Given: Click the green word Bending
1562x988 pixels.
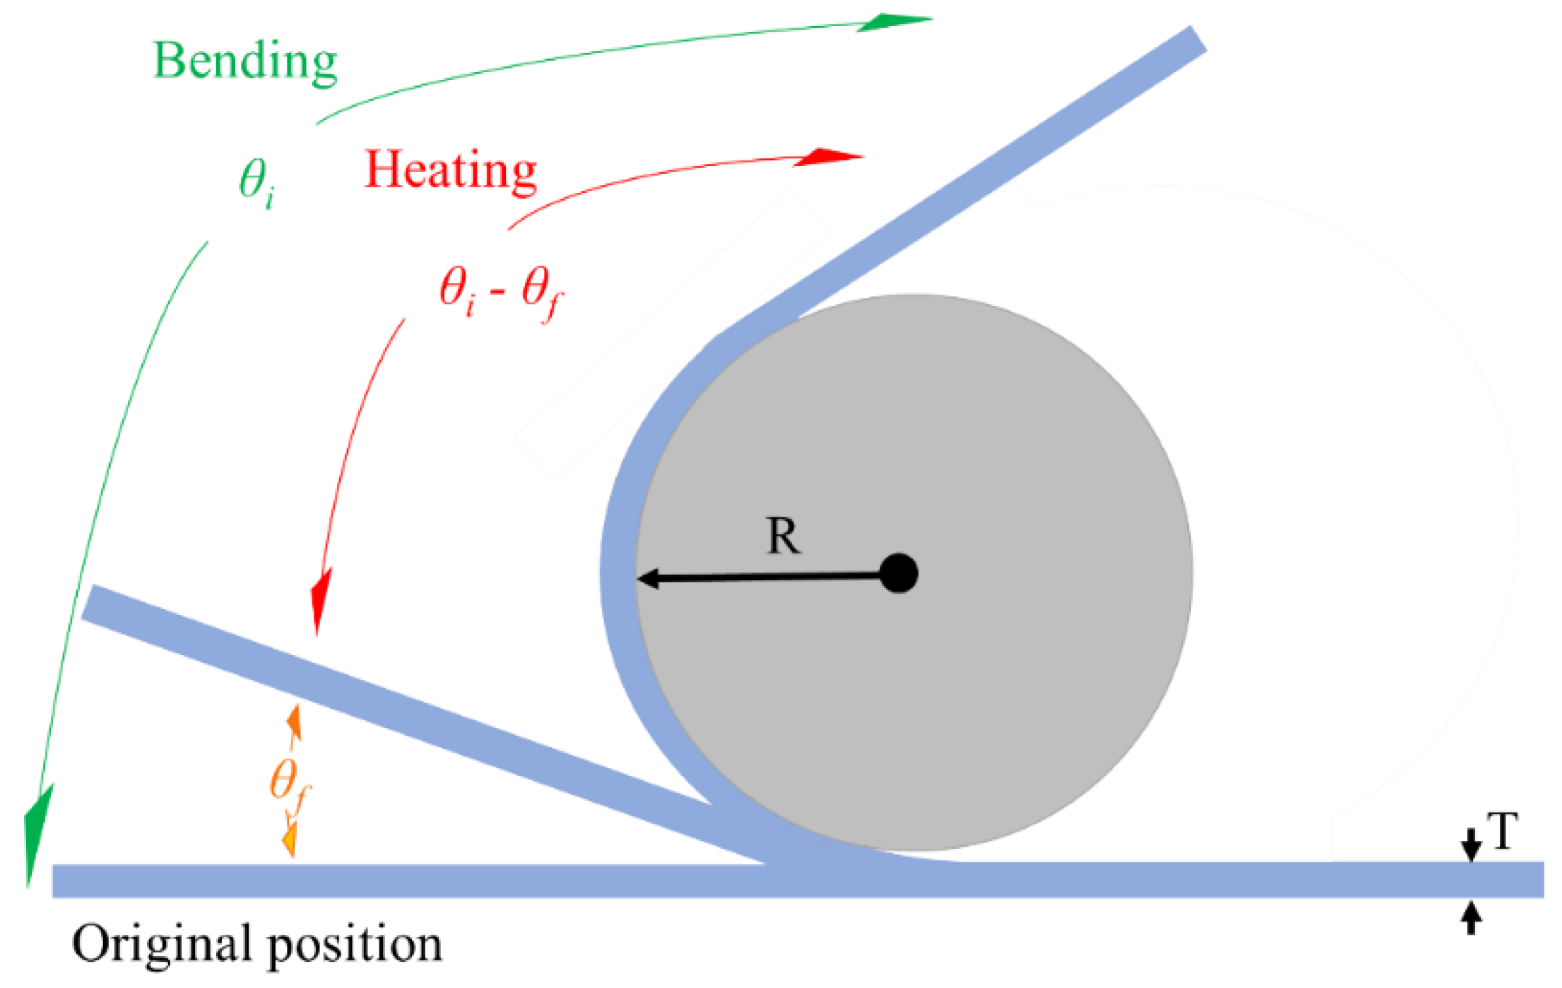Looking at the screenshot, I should [x=244, y=62].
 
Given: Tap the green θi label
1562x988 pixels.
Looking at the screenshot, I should [x=256, y=182].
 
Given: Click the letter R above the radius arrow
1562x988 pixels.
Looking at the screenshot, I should [x=783, y=536].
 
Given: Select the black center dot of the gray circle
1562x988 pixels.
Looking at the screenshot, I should [x=899, y=573].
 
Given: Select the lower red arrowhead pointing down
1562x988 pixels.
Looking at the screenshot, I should [x=320, y=604].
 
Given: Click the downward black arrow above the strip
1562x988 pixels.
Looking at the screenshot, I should [x=1471, y=845].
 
